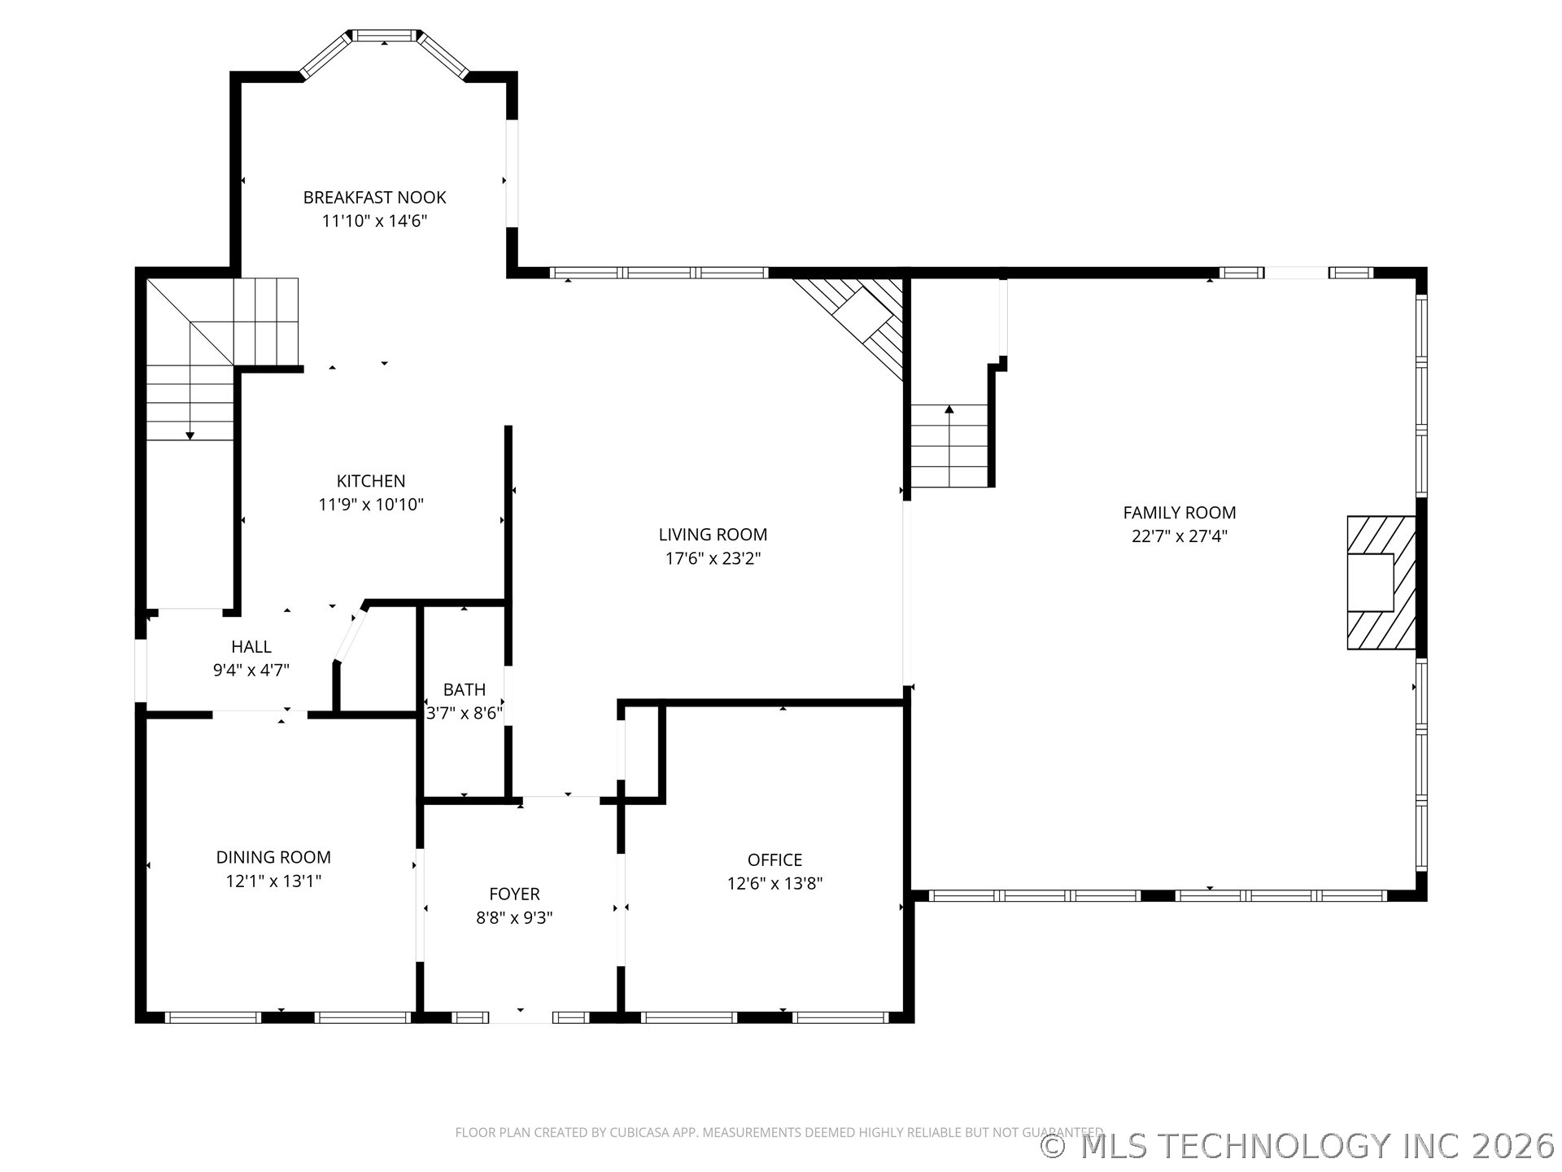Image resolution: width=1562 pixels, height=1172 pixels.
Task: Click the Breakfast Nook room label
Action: pos(374,197)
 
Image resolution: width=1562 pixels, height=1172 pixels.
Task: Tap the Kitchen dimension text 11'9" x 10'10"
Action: pos(371,505)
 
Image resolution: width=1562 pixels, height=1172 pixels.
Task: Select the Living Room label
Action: pos(713,535)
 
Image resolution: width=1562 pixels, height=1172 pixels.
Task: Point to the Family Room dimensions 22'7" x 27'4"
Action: pos(1180,536)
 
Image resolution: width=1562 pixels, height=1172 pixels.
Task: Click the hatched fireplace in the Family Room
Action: pos(1381,582)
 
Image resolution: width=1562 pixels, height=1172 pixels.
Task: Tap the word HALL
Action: pos(251,646)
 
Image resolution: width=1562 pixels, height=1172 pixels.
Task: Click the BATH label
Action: pos(465,689)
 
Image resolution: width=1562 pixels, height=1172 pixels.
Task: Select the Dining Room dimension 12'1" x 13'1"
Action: pos(273,881)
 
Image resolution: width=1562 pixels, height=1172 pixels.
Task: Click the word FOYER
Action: pos(514,894)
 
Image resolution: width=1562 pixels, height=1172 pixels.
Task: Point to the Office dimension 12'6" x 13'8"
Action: pos(775,883)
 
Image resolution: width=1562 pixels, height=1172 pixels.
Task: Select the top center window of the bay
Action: pos(385,35)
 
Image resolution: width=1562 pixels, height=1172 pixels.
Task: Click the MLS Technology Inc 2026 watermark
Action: pos(1298,1145)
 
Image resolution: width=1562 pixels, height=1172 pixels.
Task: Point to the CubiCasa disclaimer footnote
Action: pos(779,1132)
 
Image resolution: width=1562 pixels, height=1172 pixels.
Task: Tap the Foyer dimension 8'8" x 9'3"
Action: pos(514,917)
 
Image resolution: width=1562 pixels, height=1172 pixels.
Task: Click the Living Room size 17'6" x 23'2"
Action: pos(713,558)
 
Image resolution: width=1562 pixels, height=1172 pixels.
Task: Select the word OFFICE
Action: pos(775,859)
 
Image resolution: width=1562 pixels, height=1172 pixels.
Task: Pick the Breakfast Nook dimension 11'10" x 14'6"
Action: pos(374,221)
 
